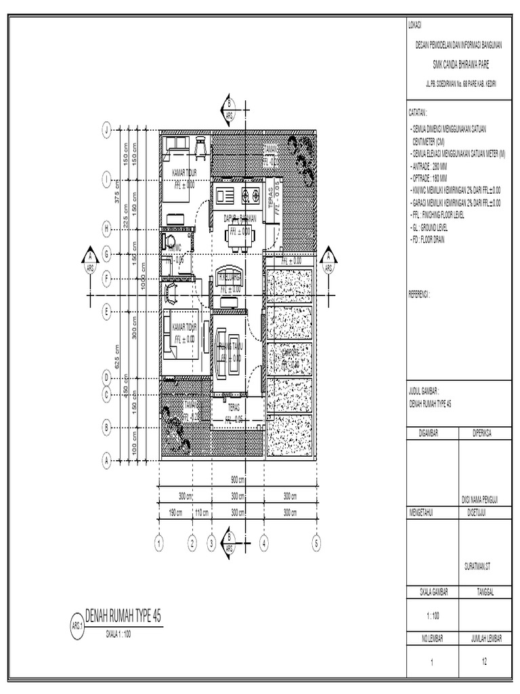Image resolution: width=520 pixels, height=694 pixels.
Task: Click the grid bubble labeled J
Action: click(106, 130)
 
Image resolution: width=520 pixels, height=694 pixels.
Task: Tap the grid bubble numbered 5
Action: click(316, 542)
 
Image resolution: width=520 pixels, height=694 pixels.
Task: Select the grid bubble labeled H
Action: click(106, 229)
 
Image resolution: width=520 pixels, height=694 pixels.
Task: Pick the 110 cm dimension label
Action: click(202, 513)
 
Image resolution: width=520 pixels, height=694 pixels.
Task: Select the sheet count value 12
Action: click(485, 662)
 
